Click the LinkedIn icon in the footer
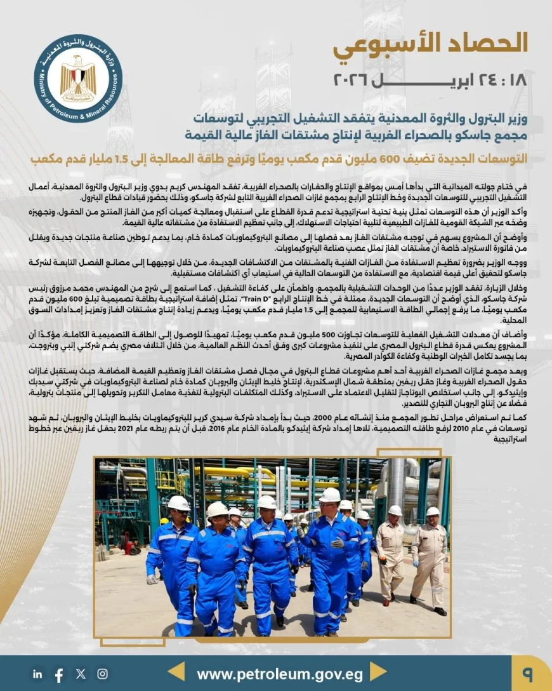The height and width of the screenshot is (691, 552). [37, 674]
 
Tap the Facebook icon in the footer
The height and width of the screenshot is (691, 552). [59, 674]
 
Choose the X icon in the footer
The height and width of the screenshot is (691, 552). [81, 674]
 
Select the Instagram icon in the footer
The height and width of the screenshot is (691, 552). [102, 674]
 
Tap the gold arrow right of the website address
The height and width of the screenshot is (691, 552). [379, 673]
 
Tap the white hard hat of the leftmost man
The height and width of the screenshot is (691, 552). [179, 504]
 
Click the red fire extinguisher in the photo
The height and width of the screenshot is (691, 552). [129, 547]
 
